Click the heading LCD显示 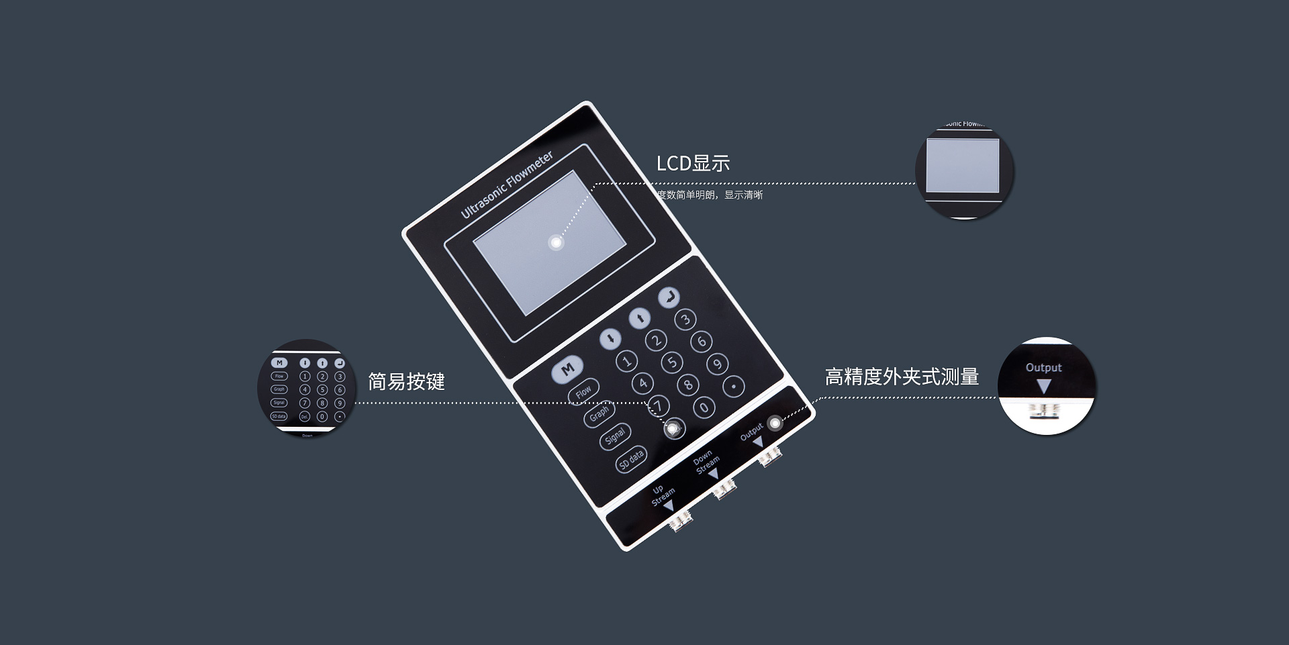693,163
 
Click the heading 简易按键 406,382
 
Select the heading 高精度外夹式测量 901,377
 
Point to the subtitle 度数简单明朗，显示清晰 710,195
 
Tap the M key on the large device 567,369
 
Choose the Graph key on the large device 599,414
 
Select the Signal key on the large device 615,437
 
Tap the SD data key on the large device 632,460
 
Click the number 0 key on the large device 704,407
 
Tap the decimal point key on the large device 734,386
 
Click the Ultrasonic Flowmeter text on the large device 507,185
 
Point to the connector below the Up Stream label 681,519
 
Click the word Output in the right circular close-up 1043,368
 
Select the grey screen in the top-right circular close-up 962,166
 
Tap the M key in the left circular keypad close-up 279,363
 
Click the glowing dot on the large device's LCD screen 556,243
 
